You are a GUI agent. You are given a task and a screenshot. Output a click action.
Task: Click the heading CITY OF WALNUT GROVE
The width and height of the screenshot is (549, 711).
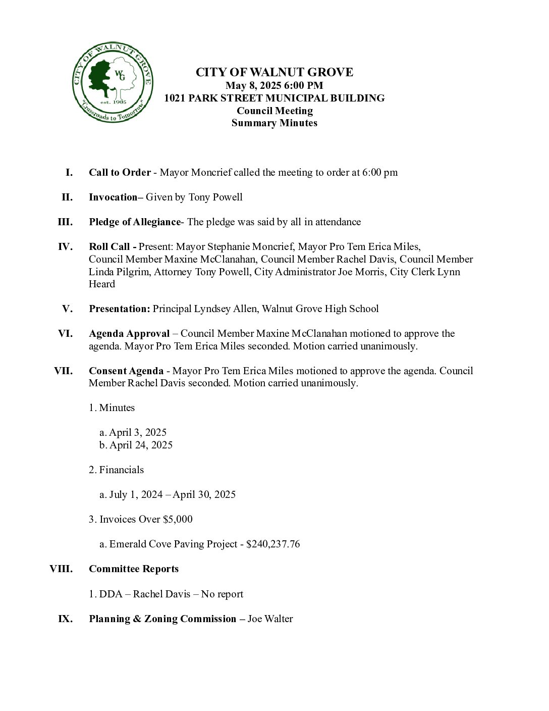[x=274, y=72]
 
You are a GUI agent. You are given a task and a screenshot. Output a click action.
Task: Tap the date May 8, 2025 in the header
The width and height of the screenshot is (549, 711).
[x=250, y=85]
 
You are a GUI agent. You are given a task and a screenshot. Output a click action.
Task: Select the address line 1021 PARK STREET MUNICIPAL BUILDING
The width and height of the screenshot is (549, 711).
[x=274, y=98]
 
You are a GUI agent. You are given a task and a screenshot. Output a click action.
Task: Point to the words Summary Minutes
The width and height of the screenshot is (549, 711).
[x=274, y=123]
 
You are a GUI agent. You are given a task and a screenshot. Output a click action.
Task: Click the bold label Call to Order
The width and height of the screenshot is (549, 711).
[x=120, y=172]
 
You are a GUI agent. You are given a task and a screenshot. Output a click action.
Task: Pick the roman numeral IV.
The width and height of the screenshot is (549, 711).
[x=66, y=246]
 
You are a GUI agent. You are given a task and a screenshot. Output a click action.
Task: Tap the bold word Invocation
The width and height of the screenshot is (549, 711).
[x=113, y=197]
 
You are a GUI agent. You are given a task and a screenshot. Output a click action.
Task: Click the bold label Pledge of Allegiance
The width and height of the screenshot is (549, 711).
[x=135, y=222]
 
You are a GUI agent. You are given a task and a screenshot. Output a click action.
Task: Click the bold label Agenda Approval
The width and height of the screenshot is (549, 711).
[x=129, y=333]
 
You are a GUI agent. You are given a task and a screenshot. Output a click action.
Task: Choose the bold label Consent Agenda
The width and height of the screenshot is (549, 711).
[x=126, y=371]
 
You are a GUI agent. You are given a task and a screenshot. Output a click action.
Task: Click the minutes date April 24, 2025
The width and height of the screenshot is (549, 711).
[x=141, y=445]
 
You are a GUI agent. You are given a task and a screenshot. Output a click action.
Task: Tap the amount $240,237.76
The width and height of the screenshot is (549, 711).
[x=273, y=544]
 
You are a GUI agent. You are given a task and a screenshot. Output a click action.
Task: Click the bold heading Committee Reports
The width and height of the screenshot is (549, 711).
[x=134, y=569]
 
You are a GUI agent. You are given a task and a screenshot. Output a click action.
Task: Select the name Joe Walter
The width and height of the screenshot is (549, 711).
[x=270, y=619]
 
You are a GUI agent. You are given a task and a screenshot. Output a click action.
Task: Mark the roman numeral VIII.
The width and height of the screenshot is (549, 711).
[x=61, y=569]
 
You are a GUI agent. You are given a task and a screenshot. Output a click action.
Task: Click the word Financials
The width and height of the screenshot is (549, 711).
[x=121, y=470]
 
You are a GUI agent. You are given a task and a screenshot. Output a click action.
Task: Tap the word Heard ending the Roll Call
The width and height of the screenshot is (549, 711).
[x=102, y=284]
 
